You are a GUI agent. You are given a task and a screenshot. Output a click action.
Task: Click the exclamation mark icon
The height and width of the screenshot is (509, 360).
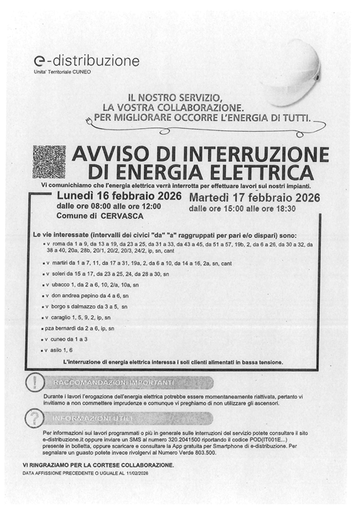(x=32, y=381)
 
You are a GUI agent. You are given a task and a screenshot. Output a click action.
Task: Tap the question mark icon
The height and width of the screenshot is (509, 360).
(x=32, y=417)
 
